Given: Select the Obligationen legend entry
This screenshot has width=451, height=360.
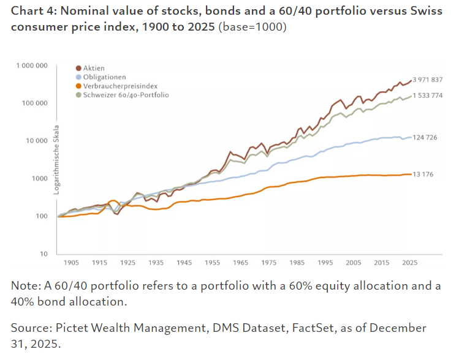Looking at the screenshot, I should pyautogui.click(x=105, y=77).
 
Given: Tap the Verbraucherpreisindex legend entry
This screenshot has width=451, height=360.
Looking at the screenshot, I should pyautogui.click(x=116, y=86).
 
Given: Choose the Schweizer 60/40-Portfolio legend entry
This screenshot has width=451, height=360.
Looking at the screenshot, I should pyautogui.click(x=126, y=95).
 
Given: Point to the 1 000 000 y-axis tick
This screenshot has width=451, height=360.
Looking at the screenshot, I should pyautogui.click(x=31, y=66).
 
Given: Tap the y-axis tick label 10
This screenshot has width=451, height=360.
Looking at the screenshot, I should pyautogui.click(x=44, y=254).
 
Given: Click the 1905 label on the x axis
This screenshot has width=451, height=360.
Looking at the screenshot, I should pyautogui.click(x=71, y=262).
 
